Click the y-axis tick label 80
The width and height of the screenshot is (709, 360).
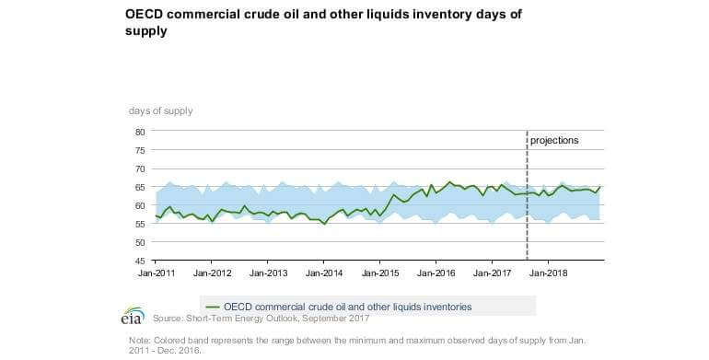tap(140, 132)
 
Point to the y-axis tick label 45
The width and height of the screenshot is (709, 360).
tap(140, 261)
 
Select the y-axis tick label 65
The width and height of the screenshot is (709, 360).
tap(140, 187)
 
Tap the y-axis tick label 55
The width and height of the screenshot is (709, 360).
tap(140, 225)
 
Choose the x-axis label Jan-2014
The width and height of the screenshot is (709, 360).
tap(325, 273)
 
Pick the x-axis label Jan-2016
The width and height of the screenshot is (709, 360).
tap(436, 273)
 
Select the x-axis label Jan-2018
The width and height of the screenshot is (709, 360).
tap(548, 273)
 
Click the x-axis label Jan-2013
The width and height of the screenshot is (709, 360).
tap(269, 273)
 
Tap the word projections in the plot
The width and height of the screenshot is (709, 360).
tap(554, 141)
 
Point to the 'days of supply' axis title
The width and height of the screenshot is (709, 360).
tap(161, 110)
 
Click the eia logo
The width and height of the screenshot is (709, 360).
tap(132, 315)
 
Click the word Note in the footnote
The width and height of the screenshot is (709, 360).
tap(141, 340)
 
